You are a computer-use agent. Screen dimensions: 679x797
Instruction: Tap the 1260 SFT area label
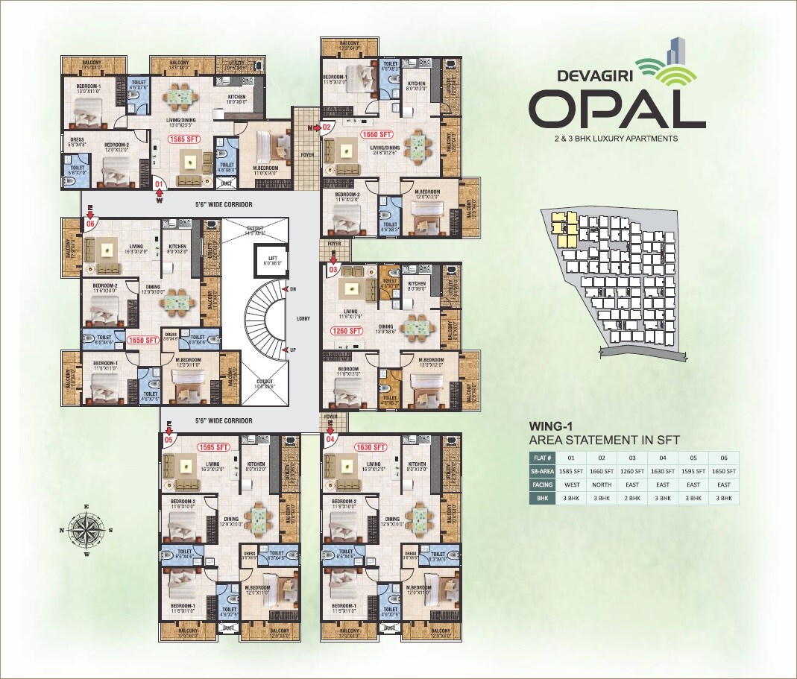(346, 331)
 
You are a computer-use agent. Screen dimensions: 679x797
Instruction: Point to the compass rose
(86, 531)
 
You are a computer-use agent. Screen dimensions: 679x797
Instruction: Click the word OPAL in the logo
(617, 110)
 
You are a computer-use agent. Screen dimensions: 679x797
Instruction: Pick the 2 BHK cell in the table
(632, 498)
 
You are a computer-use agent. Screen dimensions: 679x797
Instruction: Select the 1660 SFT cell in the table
(602, 471)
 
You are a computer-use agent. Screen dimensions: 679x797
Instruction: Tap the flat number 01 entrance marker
(158, 183)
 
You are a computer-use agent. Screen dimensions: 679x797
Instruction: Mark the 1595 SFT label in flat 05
(214, 447)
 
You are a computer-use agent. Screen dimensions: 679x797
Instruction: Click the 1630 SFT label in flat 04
(371, 447)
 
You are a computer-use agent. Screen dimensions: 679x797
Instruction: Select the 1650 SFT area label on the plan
(142, 340)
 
